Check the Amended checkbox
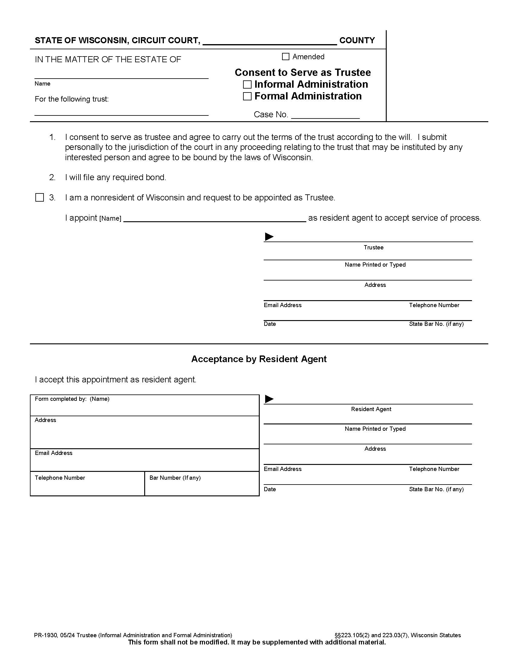285,57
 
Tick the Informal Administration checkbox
247,84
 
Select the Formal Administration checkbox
247,96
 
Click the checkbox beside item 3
40,198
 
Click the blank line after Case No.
325,115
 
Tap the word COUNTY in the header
357,41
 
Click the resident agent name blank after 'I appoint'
214,218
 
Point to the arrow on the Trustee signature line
269,237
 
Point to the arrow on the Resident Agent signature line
269,399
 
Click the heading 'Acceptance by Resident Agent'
259,359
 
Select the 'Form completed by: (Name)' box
145,406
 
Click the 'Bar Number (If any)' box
202,484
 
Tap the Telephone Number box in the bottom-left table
87,484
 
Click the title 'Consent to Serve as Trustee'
303,73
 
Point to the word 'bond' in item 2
156,177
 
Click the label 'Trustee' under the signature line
373,248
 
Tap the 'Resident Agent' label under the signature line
371,409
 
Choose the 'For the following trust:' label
72,99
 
